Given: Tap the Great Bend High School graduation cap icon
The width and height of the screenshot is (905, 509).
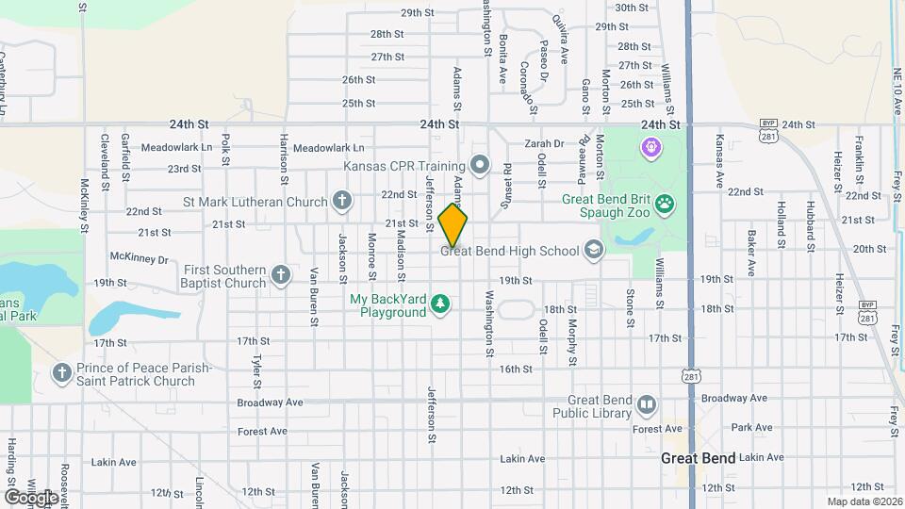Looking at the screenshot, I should point(593,250).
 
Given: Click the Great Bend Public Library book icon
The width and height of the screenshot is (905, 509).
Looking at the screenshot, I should point(646,404).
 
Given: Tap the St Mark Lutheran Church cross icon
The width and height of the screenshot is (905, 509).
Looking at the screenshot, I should point(341,200).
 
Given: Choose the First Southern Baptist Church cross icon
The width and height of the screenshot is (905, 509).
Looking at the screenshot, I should point(280,275).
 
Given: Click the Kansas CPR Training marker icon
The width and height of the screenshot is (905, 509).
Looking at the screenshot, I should point(480,167).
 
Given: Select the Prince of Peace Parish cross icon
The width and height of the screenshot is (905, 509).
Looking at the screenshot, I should point(63,373).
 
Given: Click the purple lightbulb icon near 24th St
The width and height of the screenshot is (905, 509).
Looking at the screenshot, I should point(650,147).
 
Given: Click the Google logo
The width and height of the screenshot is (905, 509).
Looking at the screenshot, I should point(31,497).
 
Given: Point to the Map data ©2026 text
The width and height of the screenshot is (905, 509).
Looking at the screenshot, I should point(864,501).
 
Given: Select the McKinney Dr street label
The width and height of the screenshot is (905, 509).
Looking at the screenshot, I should point(139,258).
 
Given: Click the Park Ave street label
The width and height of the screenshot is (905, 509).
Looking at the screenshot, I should point(751,427).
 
